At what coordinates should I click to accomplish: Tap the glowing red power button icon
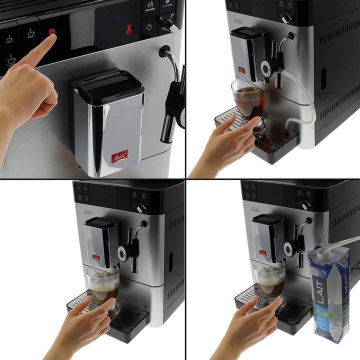(52, 32)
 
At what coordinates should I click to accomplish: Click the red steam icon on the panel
(129, 30)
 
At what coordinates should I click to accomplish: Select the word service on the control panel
(150, 9)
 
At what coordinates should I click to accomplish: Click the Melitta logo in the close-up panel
(119, 156)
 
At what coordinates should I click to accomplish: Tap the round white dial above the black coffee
(265, 67)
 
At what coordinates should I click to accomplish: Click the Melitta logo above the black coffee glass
(241, 69)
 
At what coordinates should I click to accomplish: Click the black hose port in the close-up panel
(163, 50)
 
